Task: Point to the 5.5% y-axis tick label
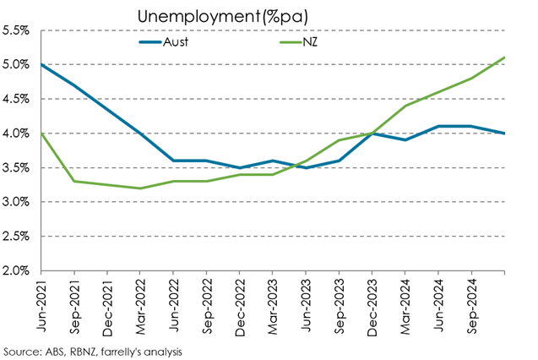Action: click(17, 30)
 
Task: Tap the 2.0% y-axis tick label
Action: click(17, 271)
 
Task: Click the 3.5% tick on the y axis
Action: click(17, 167)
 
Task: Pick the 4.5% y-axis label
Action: click(17, 99)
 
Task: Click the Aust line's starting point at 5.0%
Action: click(41, 64)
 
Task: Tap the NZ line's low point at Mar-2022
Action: click(140, 188)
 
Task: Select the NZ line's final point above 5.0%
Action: click(505, 57)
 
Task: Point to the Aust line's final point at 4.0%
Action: click(505, 134)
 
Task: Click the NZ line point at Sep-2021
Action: click(74, 181)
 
